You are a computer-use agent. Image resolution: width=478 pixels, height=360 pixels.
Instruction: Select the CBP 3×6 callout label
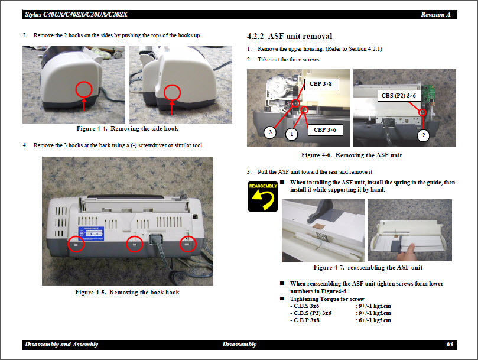(x=324, y=129)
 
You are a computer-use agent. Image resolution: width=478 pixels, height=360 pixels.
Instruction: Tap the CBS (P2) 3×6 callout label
(x=398, y=95)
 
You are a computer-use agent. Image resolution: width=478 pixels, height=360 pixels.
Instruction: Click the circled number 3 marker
(x=270, y=132)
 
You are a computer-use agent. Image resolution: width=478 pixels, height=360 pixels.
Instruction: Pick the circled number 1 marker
(x=291, y=134)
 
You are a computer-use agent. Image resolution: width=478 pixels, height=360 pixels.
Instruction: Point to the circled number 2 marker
(x=423, y=135)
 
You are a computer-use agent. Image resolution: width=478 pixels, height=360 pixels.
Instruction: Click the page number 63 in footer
(x=450, y=344)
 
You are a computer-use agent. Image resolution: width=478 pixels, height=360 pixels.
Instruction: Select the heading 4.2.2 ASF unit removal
(x=289, y=36)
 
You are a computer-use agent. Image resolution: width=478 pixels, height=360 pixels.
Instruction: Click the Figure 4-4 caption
(x=127, y=128)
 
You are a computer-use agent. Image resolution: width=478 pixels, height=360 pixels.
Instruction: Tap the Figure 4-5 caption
(x=127, y=292)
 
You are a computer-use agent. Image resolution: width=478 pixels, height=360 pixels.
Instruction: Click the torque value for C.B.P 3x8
(x=373, y=320)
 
